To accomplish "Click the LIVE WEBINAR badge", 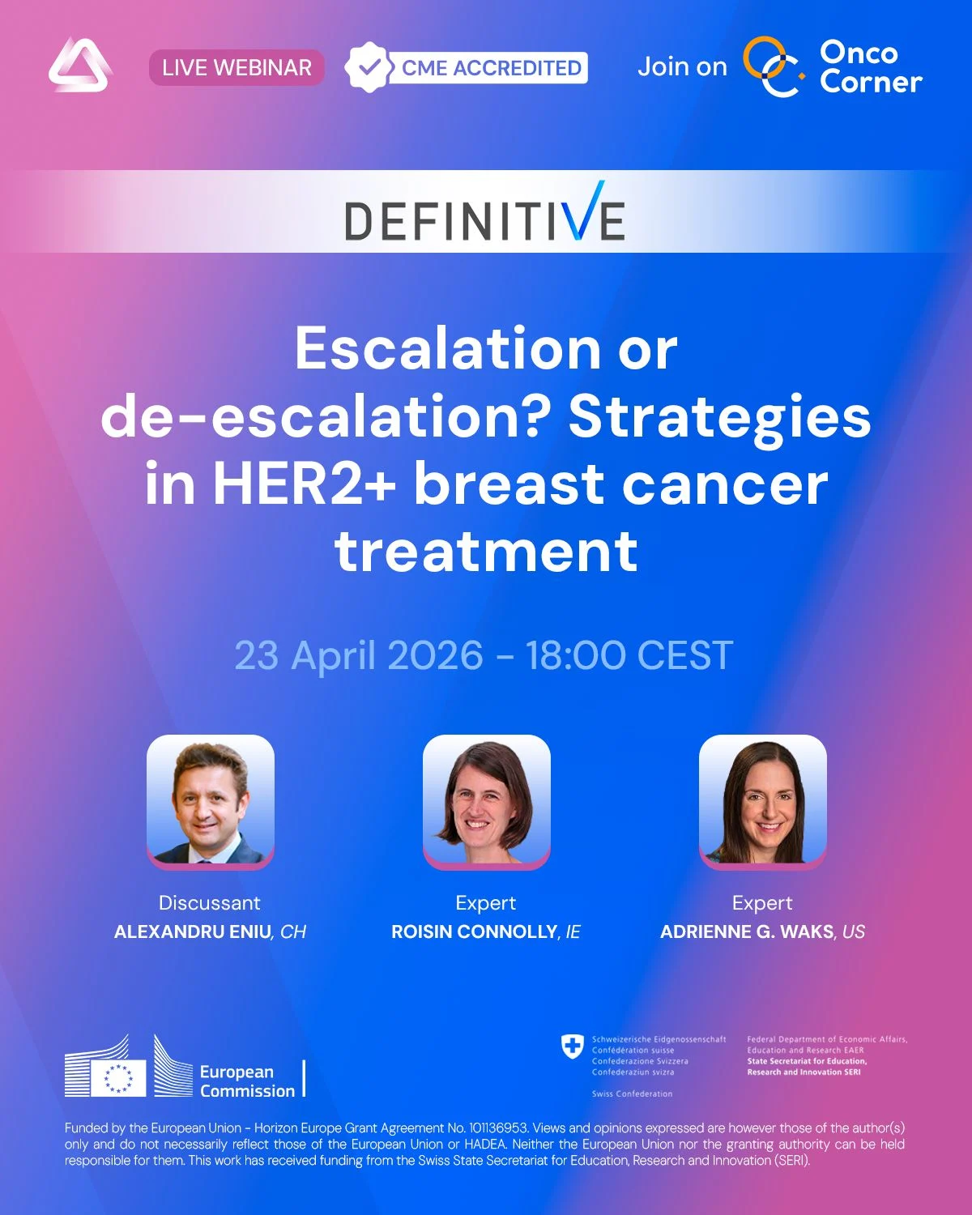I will [237, 68].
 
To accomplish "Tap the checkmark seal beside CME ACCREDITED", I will [369, 67].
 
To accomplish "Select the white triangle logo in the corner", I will [79, 66].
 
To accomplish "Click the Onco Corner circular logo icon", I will [772, 67].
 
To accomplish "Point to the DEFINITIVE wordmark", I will [484, 215].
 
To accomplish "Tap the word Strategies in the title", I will [719, 416].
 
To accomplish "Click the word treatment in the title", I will [486, 552].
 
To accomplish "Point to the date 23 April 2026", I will [359, 655].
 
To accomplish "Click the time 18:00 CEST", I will [629, 655].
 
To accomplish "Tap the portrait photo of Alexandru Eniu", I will [211, 800].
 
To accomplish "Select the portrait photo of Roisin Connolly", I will [486, 800].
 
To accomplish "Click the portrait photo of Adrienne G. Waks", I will [762, 800].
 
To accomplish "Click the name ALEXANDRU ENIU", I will [193, 932].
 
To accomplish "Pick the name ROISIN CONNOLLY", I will [475, 932].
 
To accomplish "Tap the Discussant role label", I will [209, 903].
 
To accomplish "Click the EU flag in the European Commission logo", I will [118, 1078].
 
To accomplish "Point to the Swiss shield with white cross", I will [573, 1047].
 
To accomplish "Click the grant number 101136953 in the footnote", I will [498, 1128].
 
